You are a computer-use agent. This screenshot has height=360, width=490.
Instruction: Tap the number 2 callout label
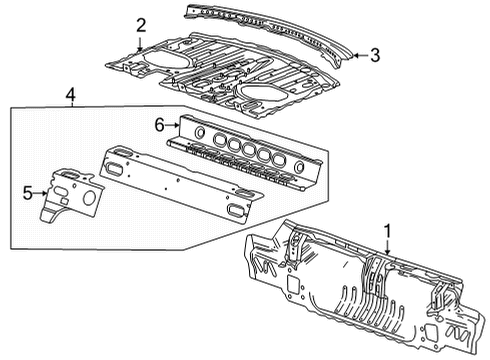pyautogui.click(x=141, y=24)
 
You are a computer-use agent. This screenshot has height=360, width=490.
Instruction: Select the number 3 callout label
pyautogui.click(x=374, y=56)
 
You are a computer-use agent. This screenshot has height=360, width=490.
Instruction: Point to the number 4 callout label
pyautogui.click(x=70, y=96)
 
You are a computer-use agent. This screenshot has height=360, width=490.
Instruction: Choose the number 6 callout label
pyautogui.click(x=157, y=123)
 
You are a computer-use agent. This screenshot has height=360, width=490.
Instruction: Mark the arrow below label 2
pyautogui.click(x=141, y=41)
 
